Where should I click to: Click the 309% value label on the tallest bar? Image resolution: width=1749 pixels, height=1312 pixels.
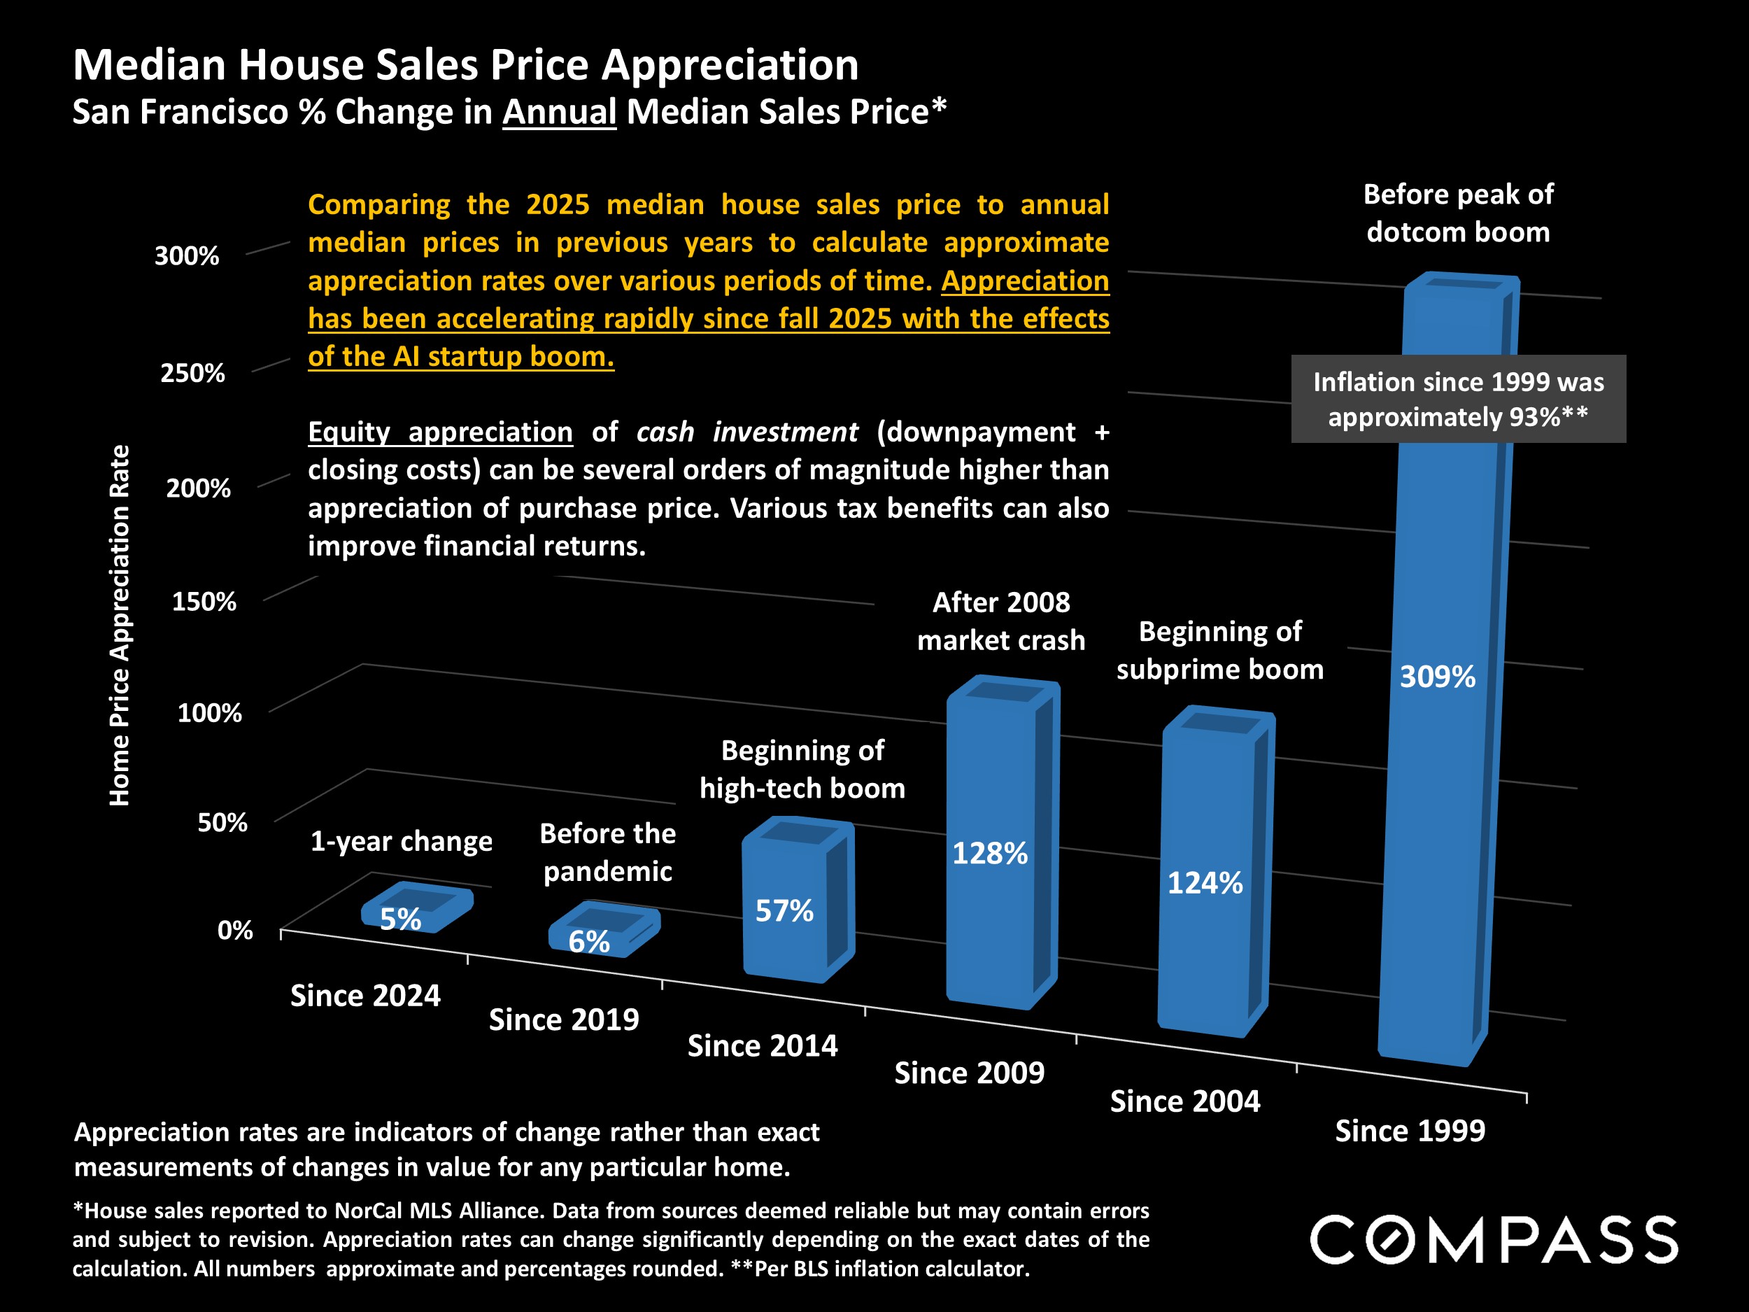pos(1437,677)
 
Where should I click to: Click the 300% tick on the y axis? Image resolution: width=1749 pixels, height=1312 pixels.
pos(187,256)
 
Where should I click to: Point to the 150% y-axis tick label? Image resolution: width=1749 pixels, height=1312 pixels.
pos(204,602)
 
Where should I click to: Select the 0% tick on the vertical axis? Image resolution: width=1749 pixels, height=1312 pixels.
pos(235,930)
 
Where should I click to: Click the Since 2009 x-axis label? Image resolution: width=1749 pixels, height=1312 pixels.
pos(970,1073)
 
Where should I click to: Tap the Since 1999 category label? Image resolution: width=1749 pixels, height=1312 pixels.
pos(1410,1131)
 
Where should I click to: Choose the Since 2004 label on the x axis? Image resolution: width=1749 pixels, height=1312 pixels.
pos(1184,1101)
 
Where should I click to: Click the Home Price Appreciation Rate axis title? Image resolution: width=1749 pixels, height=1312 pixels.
pos(120,625)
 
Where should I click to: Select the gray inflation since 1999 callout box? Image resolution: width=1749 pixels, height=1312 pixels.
pos(1458,399)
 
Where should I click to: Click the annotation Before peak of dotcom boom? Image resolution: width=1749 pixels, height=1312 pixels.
pos(1458,213)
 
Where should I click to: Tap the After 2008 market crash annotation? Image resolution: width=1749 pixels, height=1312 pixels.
pos(1001,621)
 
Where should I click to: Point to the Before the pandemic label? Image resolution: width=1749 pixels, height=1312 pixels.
pos(607,852)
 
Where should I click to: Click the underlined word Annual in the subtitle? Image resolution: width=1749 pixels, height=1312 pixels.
pos(559,111)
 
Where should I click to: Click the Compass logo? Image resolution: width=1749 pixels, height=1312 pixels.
pos(1494,1239)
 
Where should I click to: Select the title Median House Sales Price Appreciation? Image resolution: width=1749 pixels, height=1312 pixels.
pos(466,65)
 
